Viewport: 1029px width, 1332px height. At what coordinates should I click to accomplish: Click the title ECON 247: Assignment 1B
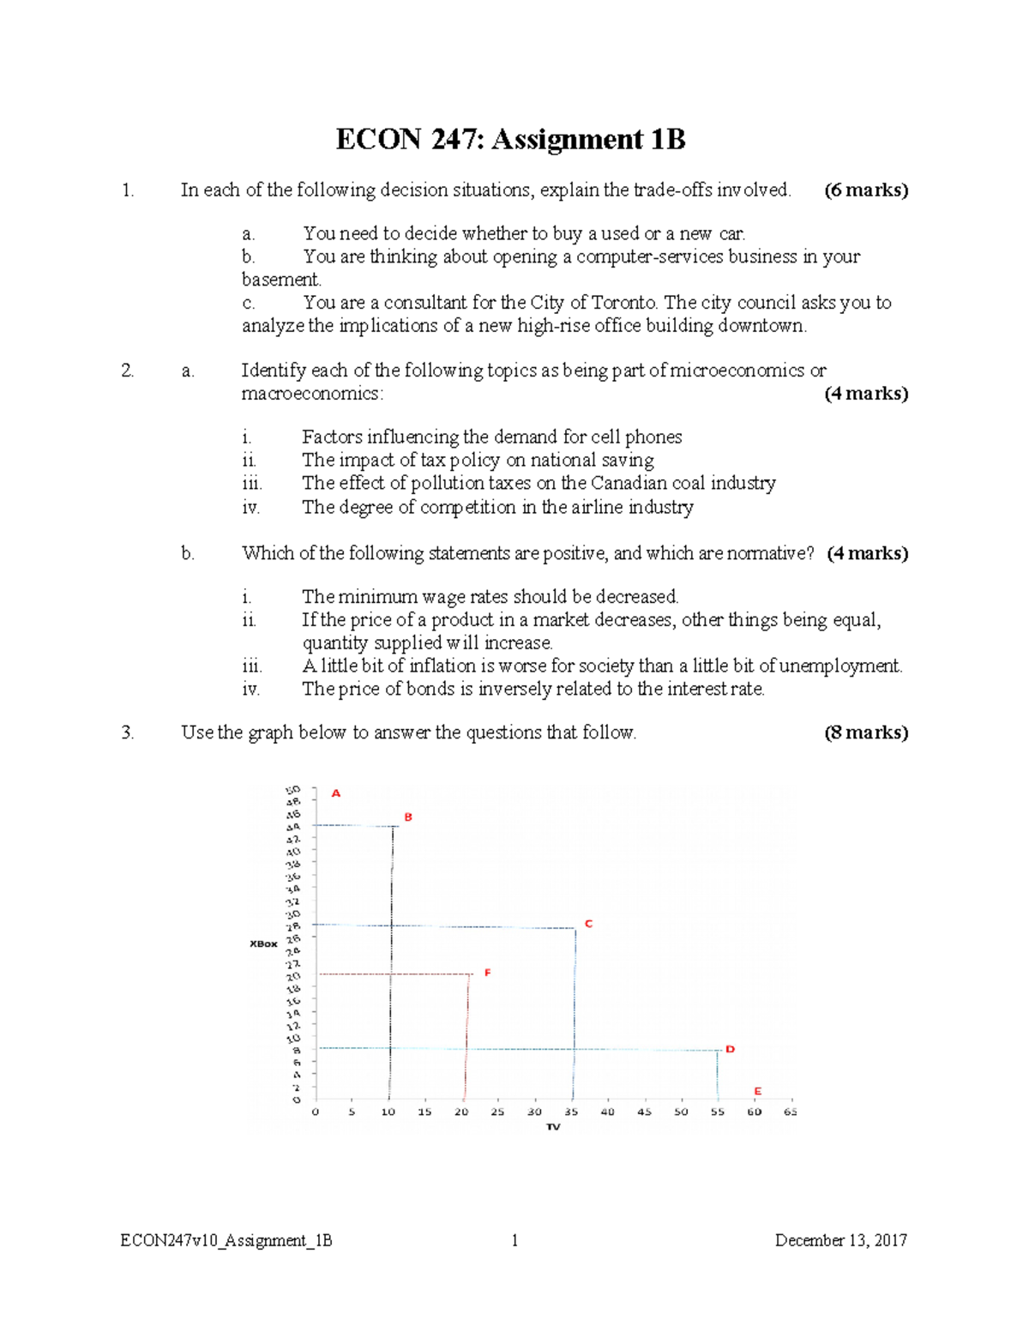pyautogui.click(x=510, y=139)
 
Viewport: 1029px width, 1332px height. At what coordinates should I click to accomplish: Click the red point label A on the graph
pyautogui.click(x=336, y=793)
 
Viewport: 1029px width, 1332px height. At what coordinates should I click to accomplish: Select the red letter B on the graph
pyautogui.click(x=408, y=817)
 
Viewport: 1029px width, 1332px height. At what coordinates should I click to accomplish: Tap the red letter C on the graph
pyautogui.click(x=588, y=924)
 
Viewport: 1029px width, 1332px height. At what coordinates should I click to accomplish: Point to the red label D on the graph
pyautogui.click(x=730, y=1049)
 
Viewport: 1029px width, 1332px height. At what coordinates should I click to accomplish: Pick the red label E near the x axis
pyautogui.click(x=757, y=1091)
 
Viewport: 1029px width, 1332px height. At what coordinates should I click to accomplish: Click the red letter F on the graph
pyautogui.click(x=487, y=973)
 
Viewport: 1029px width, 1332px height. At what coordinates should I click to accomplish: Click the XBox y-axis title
pyautogui.click(x=263, y=943)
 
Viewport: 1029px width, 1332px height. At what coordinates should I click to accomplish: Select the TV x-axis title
pyautogui.click(x=553, y=1126)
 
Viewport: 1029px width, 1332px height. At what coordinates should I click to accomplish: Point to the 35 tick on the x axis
pyautogui.click(x=571, y=1112)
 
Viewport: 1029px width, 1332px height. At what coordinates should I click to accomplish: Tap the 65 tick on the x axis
pyautogui.click(x=791, y=1112)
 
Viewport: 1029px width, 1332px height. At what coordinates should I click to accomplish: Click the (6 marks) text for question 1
pyautogui.click(x=865, y=190)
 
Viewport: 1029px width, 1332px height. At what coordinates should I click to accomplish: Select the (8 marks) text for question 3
pyautogui.click(x=865, y=732)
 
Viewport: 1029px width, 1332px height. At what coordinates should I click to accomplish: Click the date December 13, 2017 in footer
pyautogui.click(x=840, y=1240)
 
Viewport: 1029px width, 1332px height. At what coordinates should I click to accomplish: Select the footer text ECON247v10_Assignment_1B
pyautogui.click(x=226, y=1240)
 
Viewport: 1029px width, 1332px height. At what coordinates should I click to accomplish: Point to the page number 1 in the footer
pyautogui.click(x=514, y=1240)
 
